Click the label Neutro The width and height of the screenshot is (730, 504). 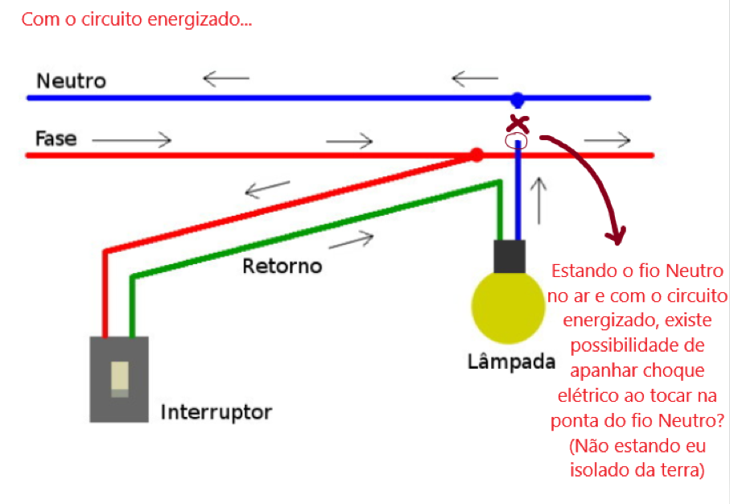tap(71, 81)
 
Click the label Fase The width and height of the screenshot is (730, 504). tap(56, 138)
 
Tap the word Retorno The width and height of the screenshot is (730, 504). tap(282, 265)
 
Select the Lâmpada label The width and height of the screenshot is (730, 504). tap(511, 361)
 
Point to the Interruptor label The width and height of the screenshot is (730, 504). tap(216, 412)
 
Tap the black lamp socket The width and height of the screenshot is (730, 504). tap(509, 254)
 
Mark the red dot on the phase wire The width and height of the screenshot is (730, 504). tap(476, 154)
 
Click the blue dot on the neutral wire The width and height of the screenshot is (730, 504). tap(518, 100)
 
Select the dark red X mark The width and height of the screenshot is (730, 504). tap(519, 124)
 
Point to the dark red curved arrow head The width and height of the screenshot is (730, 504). tap(616, 236)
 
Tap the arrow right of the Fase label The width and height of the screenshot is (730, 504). tap(132, 140)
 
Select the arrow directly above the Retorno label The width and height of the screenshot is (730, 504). tap(353, 238)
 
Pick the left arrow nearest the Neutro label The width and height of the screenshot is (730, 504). tap(226, 78)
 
